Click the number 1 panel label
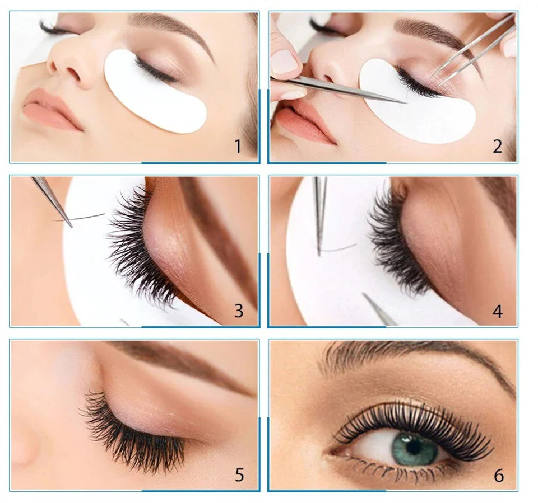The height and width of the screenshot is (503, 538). [x=238, y=146]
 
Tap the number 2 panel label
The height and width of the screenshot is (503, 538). [x=498, y=146]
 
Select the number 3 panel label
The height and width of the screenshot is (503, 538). [x=239, y=311]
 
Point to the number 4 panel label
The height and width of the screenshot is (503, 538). [x=498, y=311]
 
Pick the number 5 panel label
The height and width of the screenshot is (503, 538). [x=239, y=475]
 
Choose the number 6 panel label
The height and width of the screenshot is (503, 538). [x=499, y=476]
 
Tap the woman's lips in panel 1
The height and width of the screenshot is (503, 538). [x=52, y=109]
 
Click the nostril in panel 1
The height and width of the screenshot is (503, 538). [x=73, y=73]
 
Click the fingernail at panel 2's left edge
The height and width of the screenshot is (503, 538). [x=284, y=61]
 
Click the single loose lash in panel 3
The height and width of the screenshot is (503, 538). [x=79, y=218]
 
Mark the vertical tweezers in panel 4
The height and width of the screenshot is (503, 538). [x=321, y=216]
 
